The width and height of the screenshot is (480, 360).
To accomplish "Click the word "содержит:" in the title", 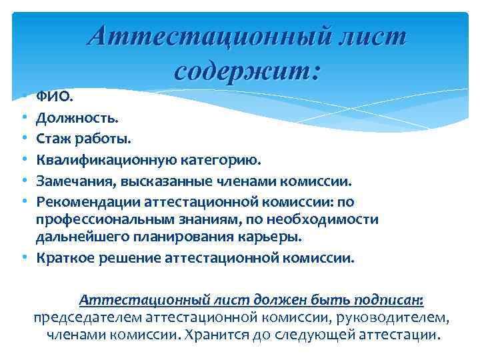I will click(247, 69).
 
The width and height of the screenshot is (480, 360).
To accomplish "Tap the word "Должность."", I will click(69, 119).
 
